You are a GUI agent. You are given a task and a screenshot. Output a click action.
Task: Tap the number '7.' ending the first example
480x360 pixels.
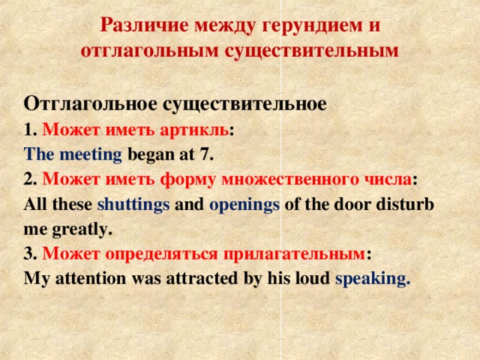click(x=206, y=155)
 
